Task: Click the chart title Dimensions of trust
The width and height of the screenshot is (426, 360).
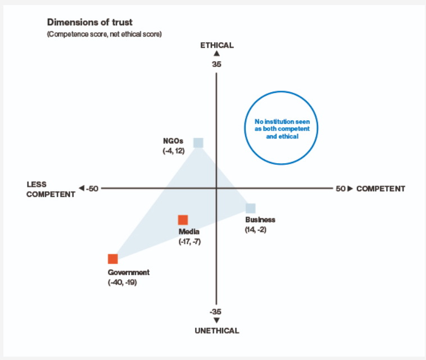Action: (90, 22)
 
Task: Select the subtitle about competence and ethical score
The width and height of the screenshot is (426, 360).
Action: (105, 34)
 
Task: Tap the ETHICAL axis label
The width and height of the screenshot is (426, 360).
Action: (217, 45)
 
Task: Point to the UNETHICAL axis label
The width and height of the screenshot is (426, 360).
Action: (217, 331)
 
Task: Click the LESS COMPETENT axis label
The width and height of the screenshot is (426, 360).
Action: (51, 189)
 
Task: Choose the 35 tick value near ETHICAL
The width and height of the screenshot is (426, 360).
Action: (216, 65)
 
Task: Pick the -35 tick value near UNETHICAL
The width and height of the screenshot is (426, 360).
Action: (215, 312)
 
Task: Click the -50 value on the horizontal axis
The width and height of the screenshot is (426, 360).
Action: (92, 188)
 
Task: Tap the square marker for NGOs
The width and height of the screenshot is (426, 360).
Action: (198, 143)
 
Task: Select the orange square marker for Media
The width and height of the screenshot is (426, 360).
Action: (183, 220)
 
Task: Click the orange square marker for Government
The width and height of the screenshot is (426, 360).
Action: (113, 259)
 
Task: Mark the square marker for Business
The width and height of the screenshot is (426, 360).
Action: (251, 208)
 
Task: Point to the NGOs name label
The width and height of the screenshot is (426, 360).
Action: (173, 141)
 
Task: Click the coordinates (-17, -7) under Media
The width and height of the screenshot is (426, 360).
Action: (189, 241)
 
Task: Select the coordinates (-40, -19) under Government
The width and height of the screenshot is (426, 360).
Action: (123, 282)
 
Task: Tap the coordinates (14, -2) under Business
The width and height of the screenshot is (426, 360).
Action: (256, 229)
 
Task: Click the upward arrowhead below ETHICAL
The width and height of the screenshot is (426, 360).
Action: (216, 53)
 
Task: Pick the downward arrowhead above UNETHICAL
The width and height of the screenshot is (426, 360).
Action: (216, 320)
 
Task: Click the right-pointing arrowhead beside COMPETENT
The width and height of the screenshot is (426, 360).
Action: (350, 188)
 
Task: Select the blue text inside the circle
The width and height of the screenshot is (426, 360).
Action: (282, 129)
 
